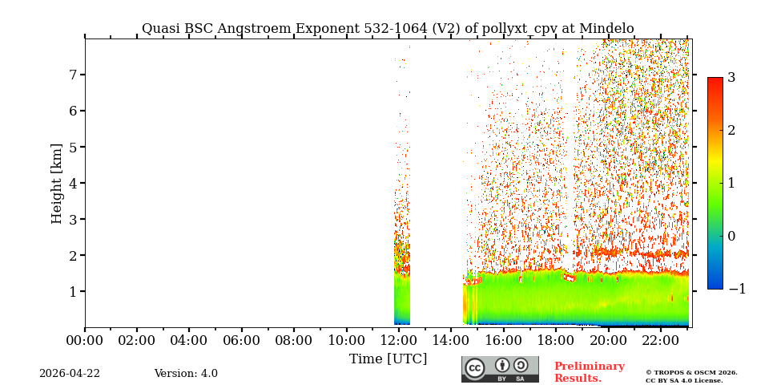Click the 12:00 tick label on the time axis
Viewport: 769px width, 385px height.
tap(398, 341)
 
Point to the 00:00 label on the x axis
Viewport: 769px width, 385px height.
tap(85, 341)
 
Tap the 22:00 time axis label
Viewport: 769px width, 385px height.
tap(660, 341)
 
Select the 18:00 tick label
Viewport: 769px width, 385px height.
tap(555, 341)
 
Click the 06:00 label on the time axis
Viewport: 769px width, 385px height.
tap(241, 341)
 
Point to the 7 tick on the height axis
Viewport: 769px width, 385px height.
tap(72, 75)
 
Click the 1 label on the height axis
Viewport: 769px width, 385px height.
tap(72, 291)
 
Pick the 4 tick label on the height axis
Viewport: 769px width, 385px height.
tap(72, 183)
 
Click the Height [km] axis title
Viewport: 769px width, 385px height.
tap(57, 183)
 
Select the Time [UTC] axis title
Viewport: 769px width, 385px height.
tap(388, 359)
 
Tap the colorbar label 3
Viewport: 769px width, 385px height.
tap(731, 78)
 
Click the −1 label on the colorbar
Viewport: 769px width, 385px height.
tap(736, 290)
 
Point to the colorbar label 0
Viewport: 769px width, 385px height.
tap(731, 237)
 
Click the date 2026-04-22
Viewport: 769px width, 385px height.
tap(70, 374)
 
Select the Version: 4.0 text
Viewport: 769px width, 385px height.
tap(186, 374)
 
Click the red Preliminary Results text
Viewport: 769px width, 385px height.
tap(589, 372)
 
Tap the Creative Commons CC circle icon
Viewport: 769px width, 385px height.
tap(475, 368)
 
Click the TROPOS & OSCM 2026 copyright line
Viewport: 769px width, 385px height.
tap(691, 372)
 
